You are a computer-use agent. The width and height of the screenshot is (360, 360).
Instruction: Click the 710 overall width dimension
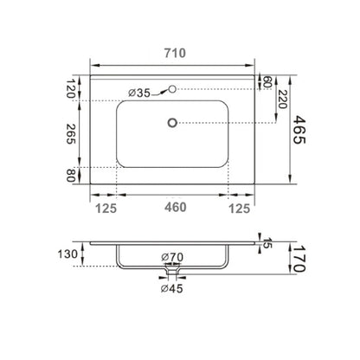coord(175,53)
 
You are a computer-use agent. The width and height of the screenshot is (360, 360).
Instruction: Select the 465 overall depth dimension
coord(299,130)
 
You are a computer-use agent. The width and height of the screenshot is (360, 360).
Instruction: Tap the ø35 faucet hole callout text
coord(139,93)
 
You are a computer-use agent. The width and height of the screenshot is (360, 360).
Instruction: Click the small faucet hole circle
coord(172,89)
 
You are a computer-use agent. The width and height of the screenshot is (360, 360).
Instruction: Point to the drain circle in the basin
coord(172,123)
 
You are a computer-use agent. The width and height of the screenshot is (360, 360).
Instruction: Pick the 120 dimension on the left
coord(71,88)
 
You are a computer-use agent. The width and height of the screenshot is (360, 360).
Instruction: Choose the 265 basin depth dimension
coord(71,134)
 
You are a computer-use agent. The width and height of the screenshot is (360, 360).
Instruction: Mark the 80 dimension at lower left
coord(71,176)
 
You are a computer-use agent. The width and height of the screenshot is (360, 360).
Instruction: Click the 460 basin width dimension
coord(176,207)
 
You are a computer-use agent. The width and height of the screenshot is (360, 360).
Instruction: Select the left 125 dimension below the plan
coord(106,209)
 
